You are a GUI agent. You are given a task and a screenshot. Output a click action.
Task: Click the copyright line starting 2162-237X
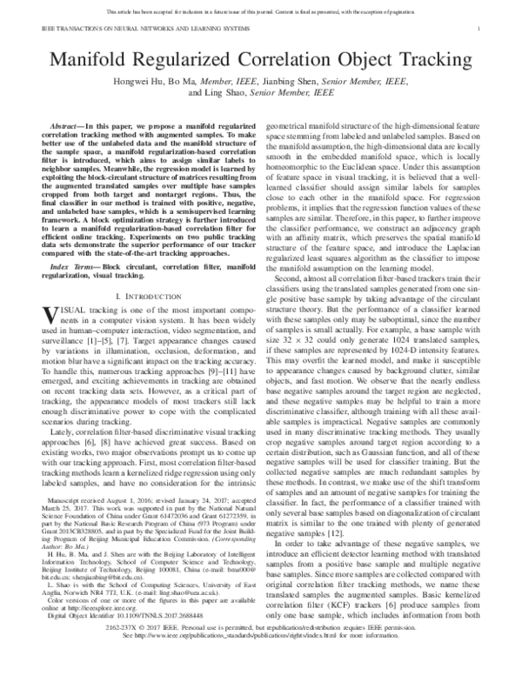pyautogui.click(x=261, y=650)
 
